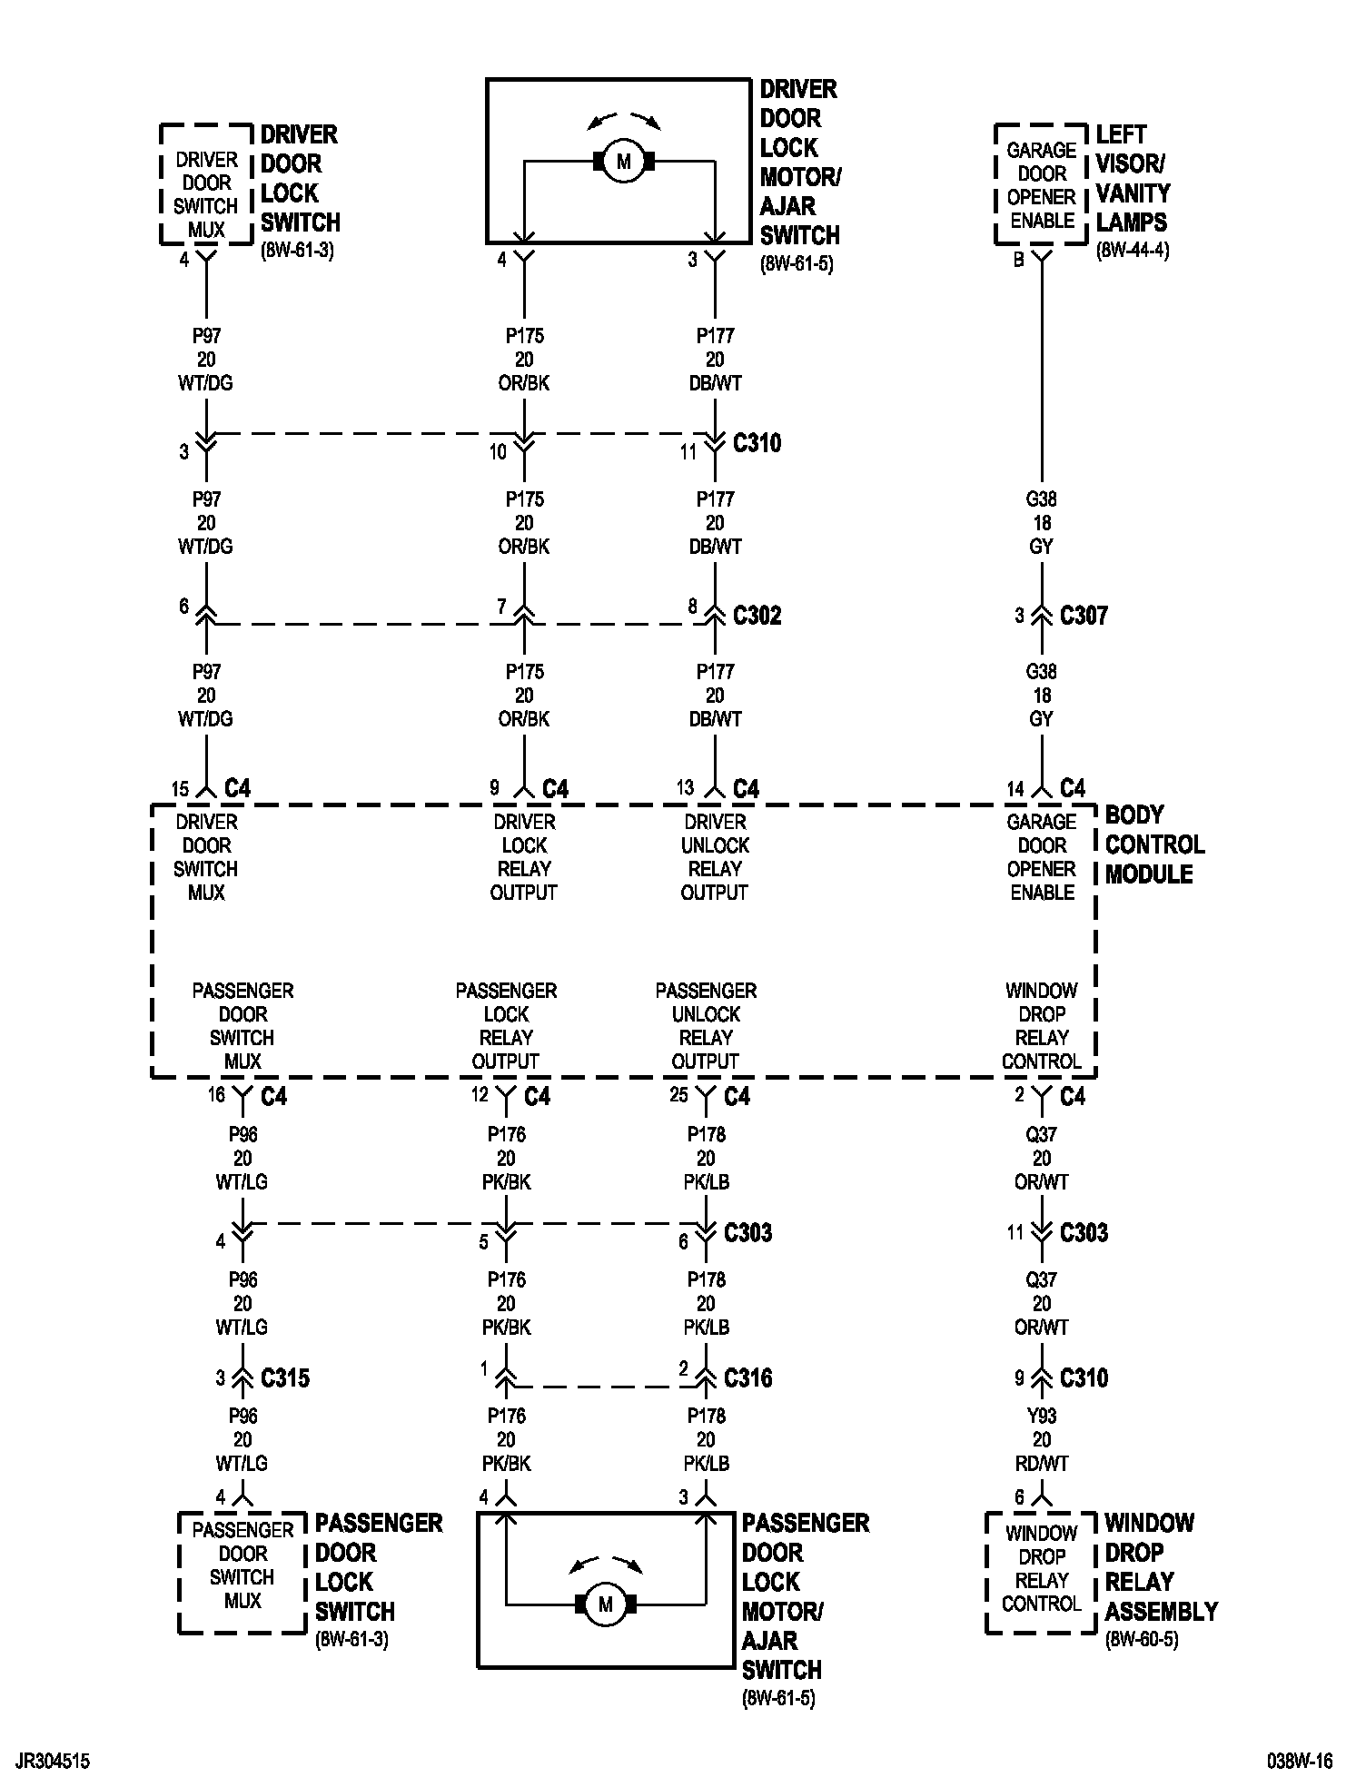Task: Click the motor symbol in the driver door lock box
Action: pos(623,163)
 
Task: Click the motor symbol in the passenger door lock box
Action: pos(606,1604)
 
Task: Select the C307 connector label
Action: pos(1084,616)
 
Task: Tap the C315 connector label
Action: pos(284,1378)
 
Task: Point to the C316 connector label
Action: pos(747,1378)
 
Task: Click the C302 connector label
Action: pos(757,616)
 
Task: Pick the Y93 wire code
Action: pos(1042,1416)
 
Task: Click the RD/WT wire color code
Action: pos(1042,1463)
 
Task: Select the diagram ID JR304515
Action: pos(53,1762)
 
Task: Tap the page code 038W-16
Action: pos(1300,1762)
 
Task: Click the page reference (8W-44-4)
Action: pos(1133,251)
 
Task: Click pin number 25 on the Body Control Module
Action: pos(679,1095)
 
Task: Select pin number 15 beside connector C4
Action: pos(181,789)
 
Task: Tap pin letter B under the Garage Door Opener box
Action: pos(1019,261)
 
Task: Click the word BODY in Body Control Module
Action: pos(1134,815)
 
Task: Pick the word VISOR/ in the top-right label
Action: pos(1130,164)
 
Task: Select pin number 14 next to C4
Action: pos(1015,789)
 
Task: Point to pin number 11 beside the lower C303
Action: pos(1015,1233)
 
